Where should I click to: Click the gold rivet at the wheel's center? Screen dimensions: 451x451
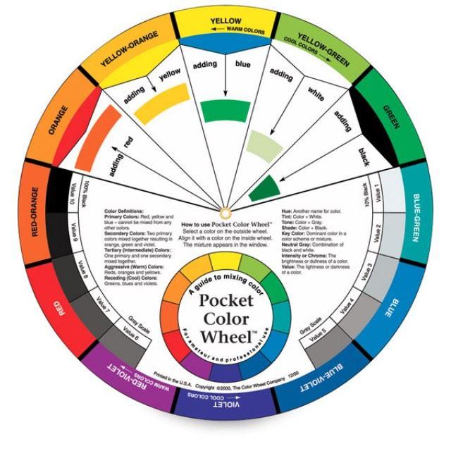225,211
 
